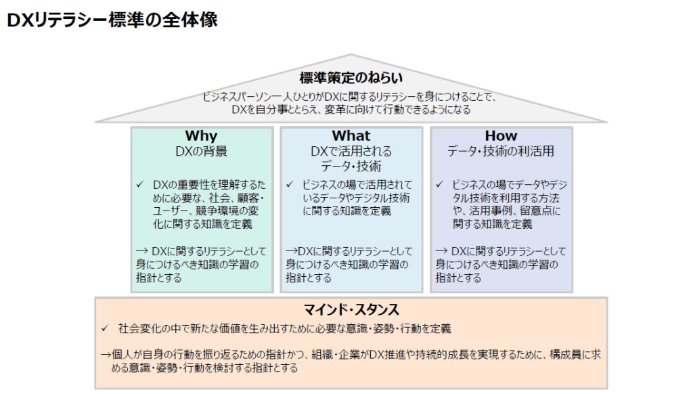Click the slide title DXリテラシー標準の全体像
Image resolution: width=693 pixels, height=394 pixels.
(112, 20)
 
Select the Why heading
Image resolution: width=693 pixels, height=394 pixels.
(201, 136)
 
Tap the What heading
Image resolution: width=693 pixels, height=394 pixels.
(351, 136)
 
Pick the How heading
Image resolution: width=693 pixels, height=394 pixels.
(501, 136)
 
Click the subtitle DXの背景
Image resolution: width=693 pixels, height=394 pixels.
(201, 152)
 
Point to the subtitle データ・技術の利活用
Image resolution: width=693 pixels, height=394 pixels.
(501, 152)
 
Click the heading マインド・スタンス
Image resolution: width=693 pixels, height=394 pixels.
(351, 310)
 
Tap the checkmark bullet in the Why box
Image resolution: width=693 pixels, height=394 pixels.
(140, 184)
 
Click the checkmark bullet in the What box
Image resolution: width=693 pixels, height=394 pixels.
(290, 184)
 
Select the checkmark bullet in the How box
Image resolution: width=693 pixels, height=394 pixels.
(440, 184)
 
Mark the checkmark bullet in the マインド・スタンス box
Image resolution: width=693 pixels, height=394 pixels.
(105, 328)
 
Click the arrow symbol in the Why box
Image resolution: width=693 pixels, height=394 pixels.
(142, 251)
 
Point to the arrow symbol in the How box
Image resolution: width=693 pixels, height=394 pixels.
(441, 251)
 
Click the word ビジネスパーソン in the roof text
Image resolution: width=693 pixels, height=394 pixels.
(236, 97)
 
